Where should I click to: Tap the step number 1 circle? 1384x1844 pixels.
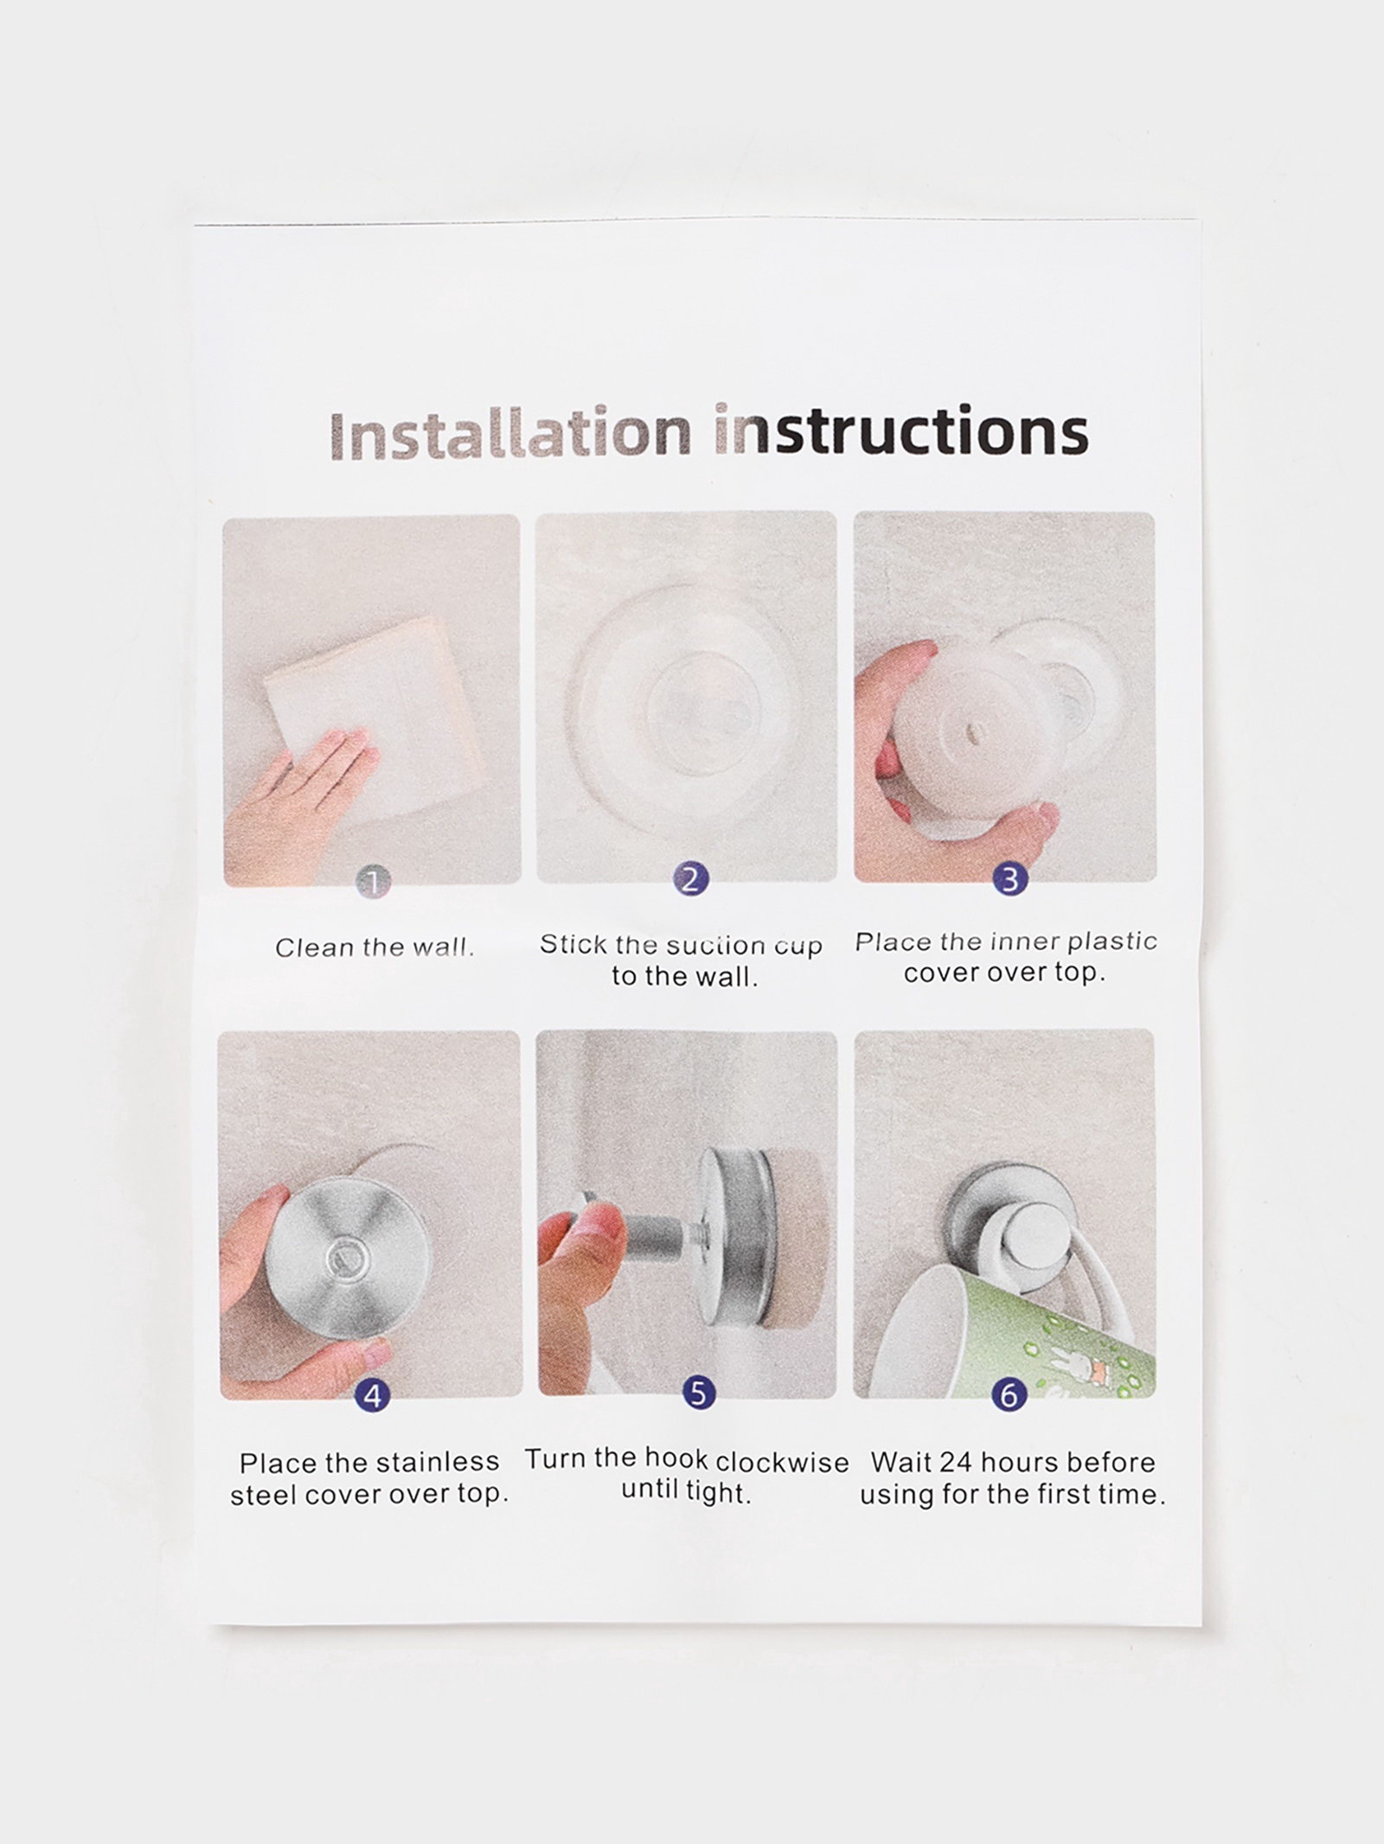coord(374,882)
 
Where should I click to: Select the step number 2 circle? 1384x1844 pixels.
coord(690,880)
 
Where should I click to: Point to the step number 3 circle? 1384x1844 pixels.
coord(1009,879)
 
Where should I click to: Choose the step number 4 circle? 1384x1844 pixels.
coord(373,1394)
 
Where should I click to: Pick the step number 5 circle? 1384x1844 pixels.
coord(699,1393)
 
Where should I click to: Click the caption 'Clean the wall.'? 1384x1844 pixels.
coord(375,948)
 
